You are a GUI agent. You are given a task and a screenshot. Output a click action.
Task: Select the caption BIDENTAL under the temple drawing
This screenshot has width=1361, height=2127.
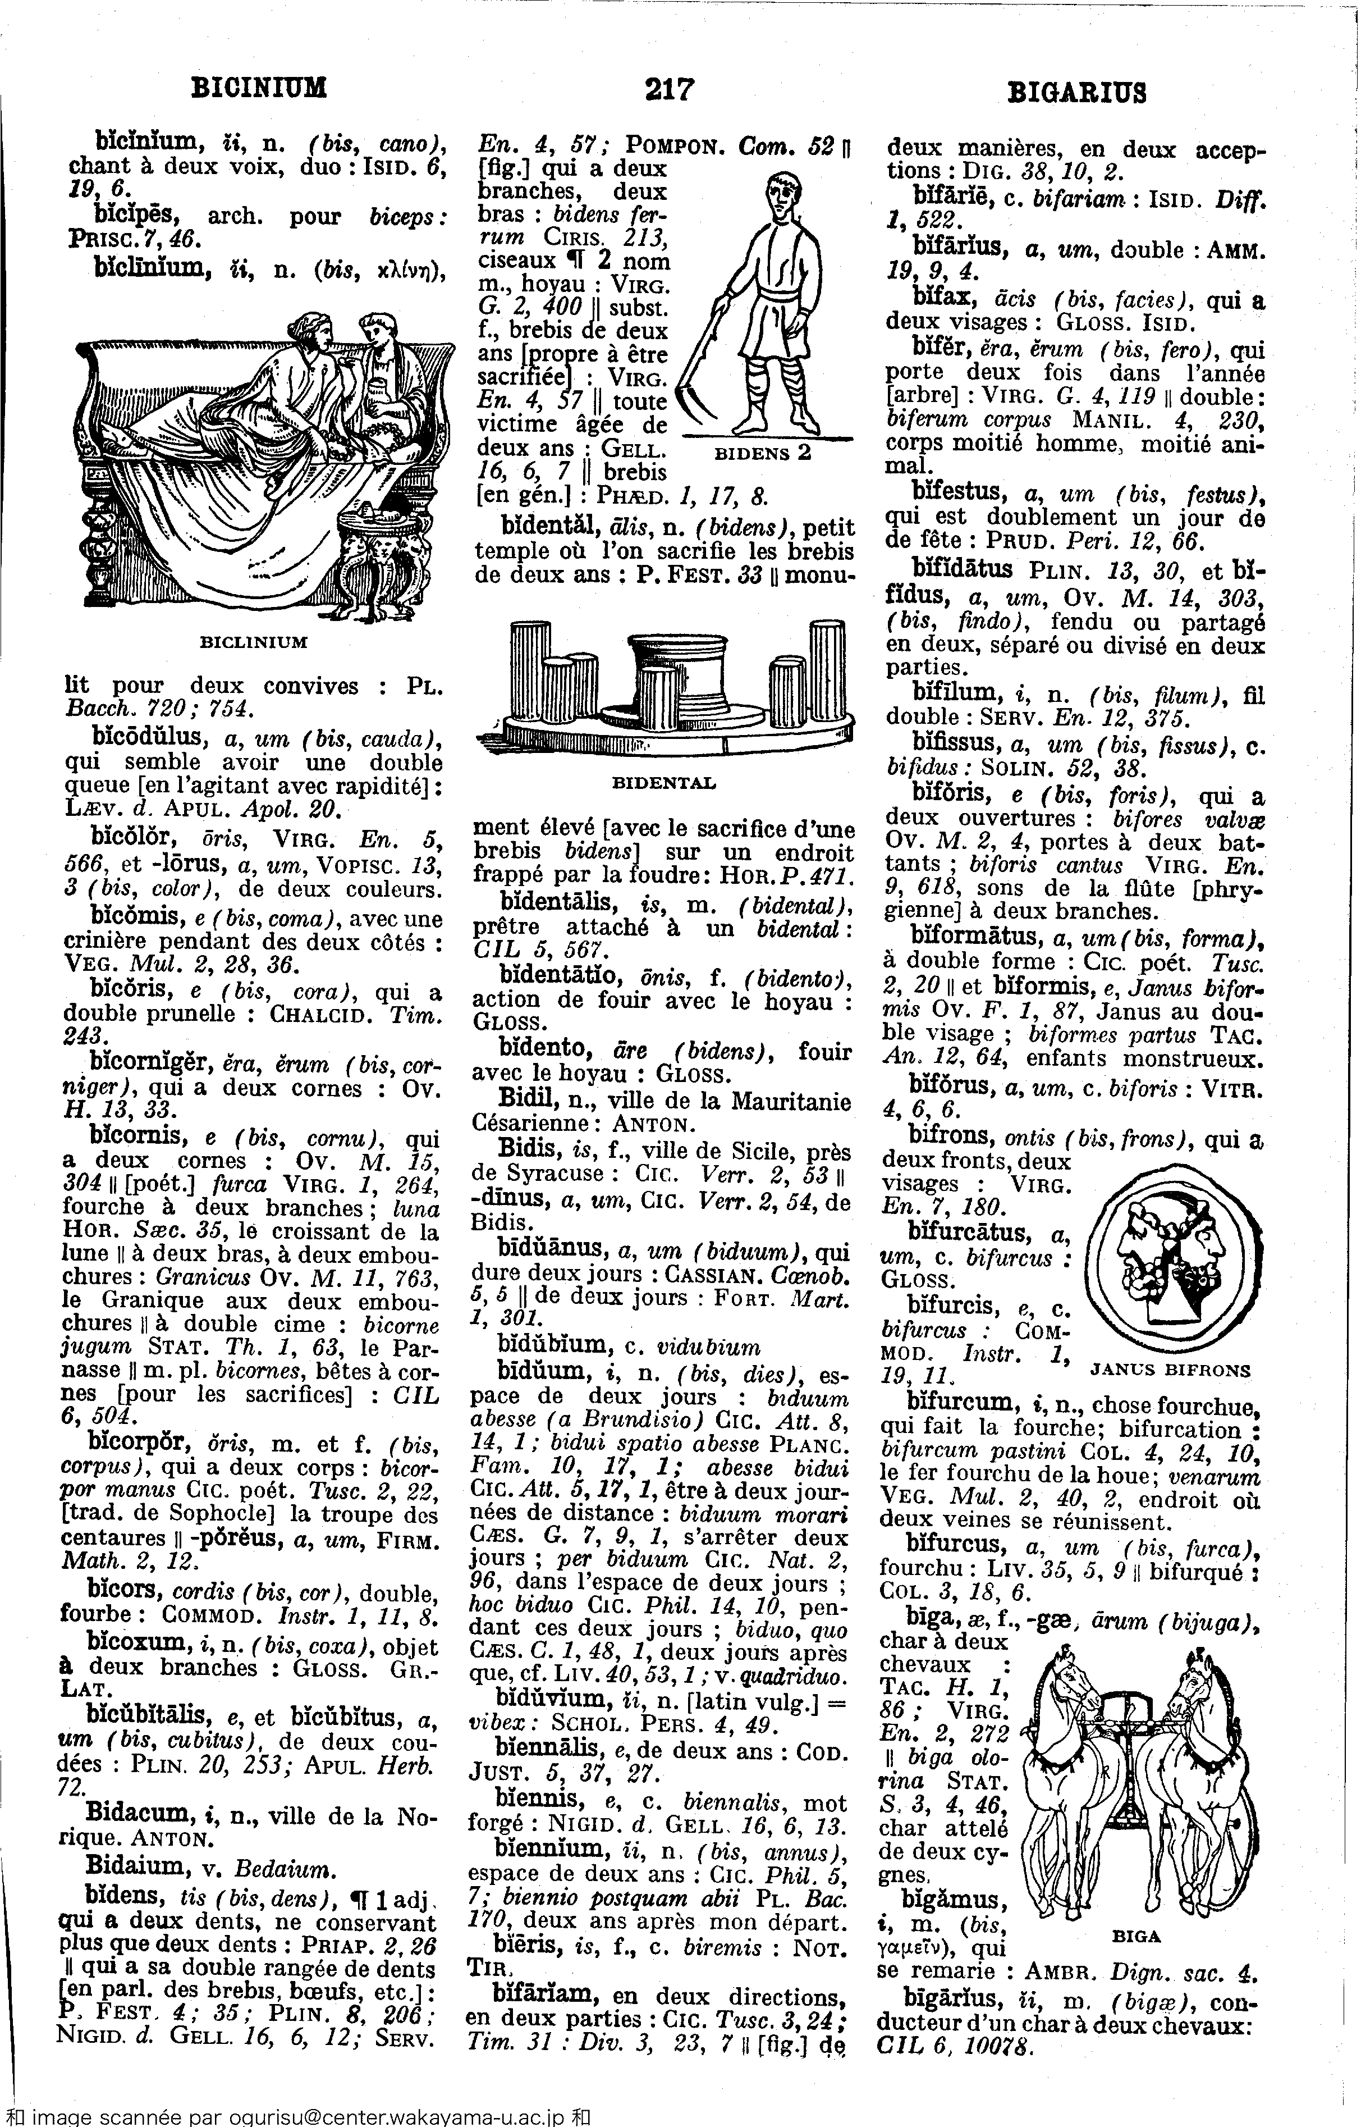click(664, 783)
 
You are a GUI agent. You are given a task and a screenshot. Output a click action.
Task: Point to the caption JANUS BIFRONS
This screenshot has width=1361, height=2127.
click(1171, 1371)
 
